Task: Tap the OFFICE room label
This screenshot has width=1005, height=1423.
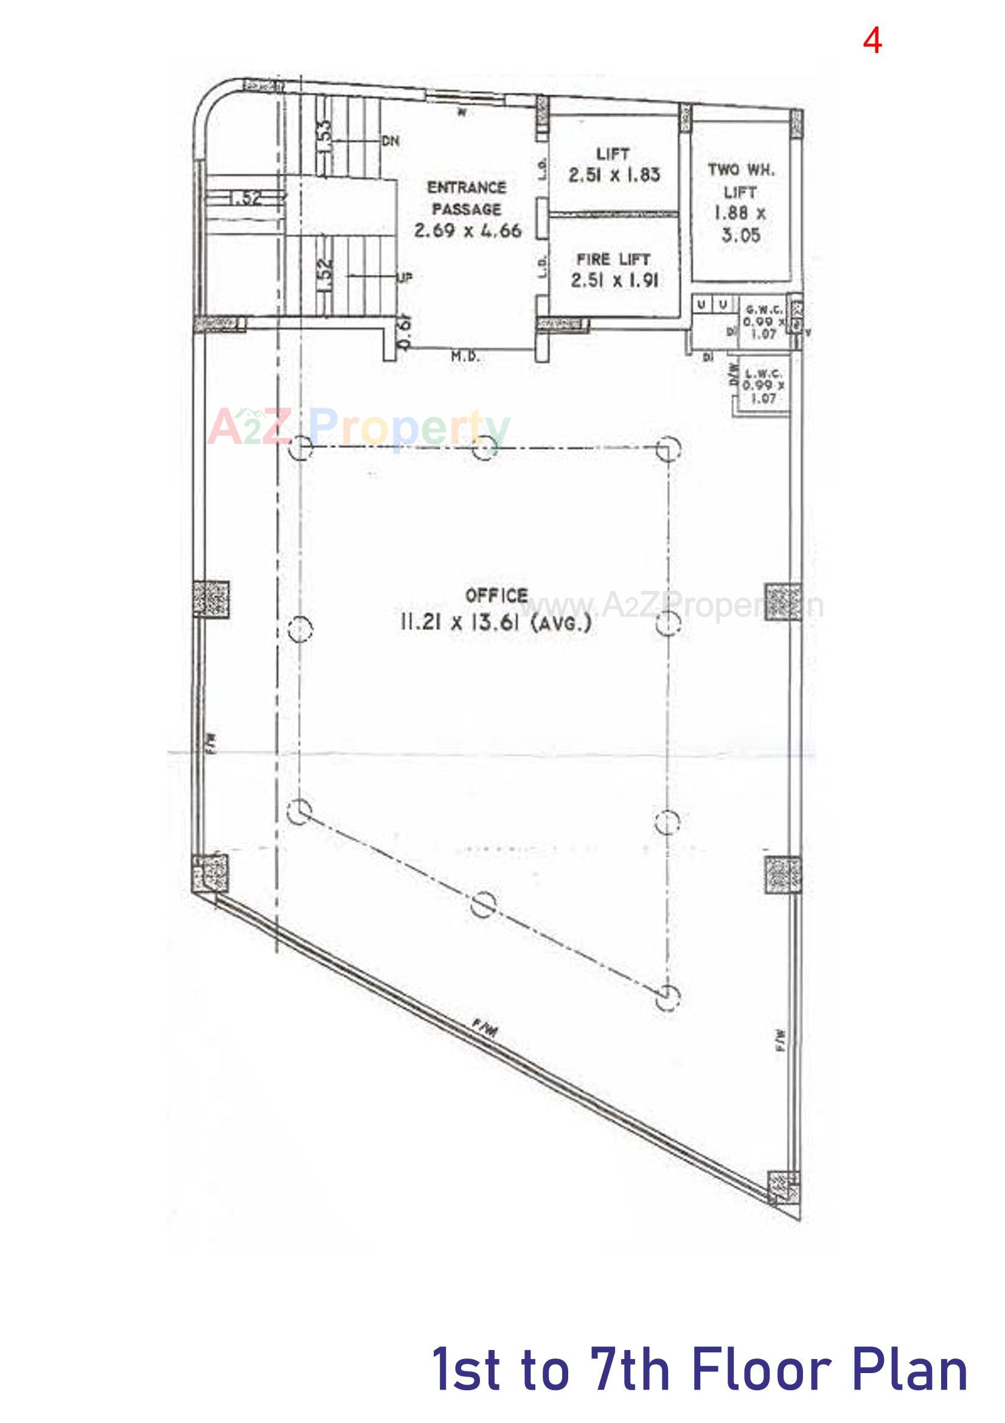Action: click(x=497, y=596)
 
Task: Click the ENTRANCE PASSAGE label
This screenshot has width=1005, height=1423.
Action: click(x=467, y=198)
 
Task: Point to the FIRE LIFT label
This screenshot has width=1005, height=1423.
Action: click(x=613, y=259)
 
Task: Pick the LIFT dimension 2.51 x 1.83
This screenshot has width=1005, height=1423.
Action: click(x=614, y=175)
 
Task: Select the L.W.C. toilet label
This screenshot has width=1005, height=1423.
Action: click(x=763, y=374)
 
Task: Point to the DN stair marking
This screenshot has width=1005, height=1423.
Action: click(x=391, y=141)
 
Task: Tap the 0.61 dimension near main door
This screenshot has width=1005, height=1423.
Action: click(x=403, y=334)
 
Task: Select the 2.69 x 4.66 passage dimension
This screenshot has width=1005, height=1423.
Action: click(x=468, y=231)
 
